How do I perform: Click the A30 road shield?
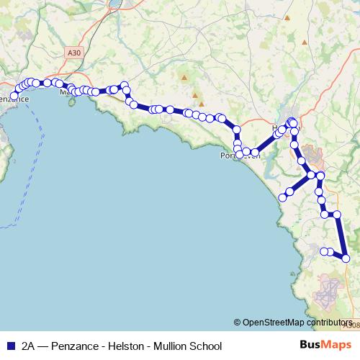(x=73, y=53)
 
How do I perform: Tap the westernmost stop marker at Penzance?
(x=14, y=96)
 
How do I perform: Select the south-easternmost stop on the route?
(x=346, y=258)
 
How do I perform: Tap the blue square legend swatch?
(x=10, y=346)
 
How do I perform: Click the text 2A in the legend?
(x=29, y=346)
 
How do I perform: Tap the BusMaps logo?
(x=326, y=345)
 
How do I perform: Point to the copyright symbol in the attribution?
(x=238, y=322)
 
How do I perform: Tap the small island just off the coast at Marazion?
(x=71, y=102)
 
